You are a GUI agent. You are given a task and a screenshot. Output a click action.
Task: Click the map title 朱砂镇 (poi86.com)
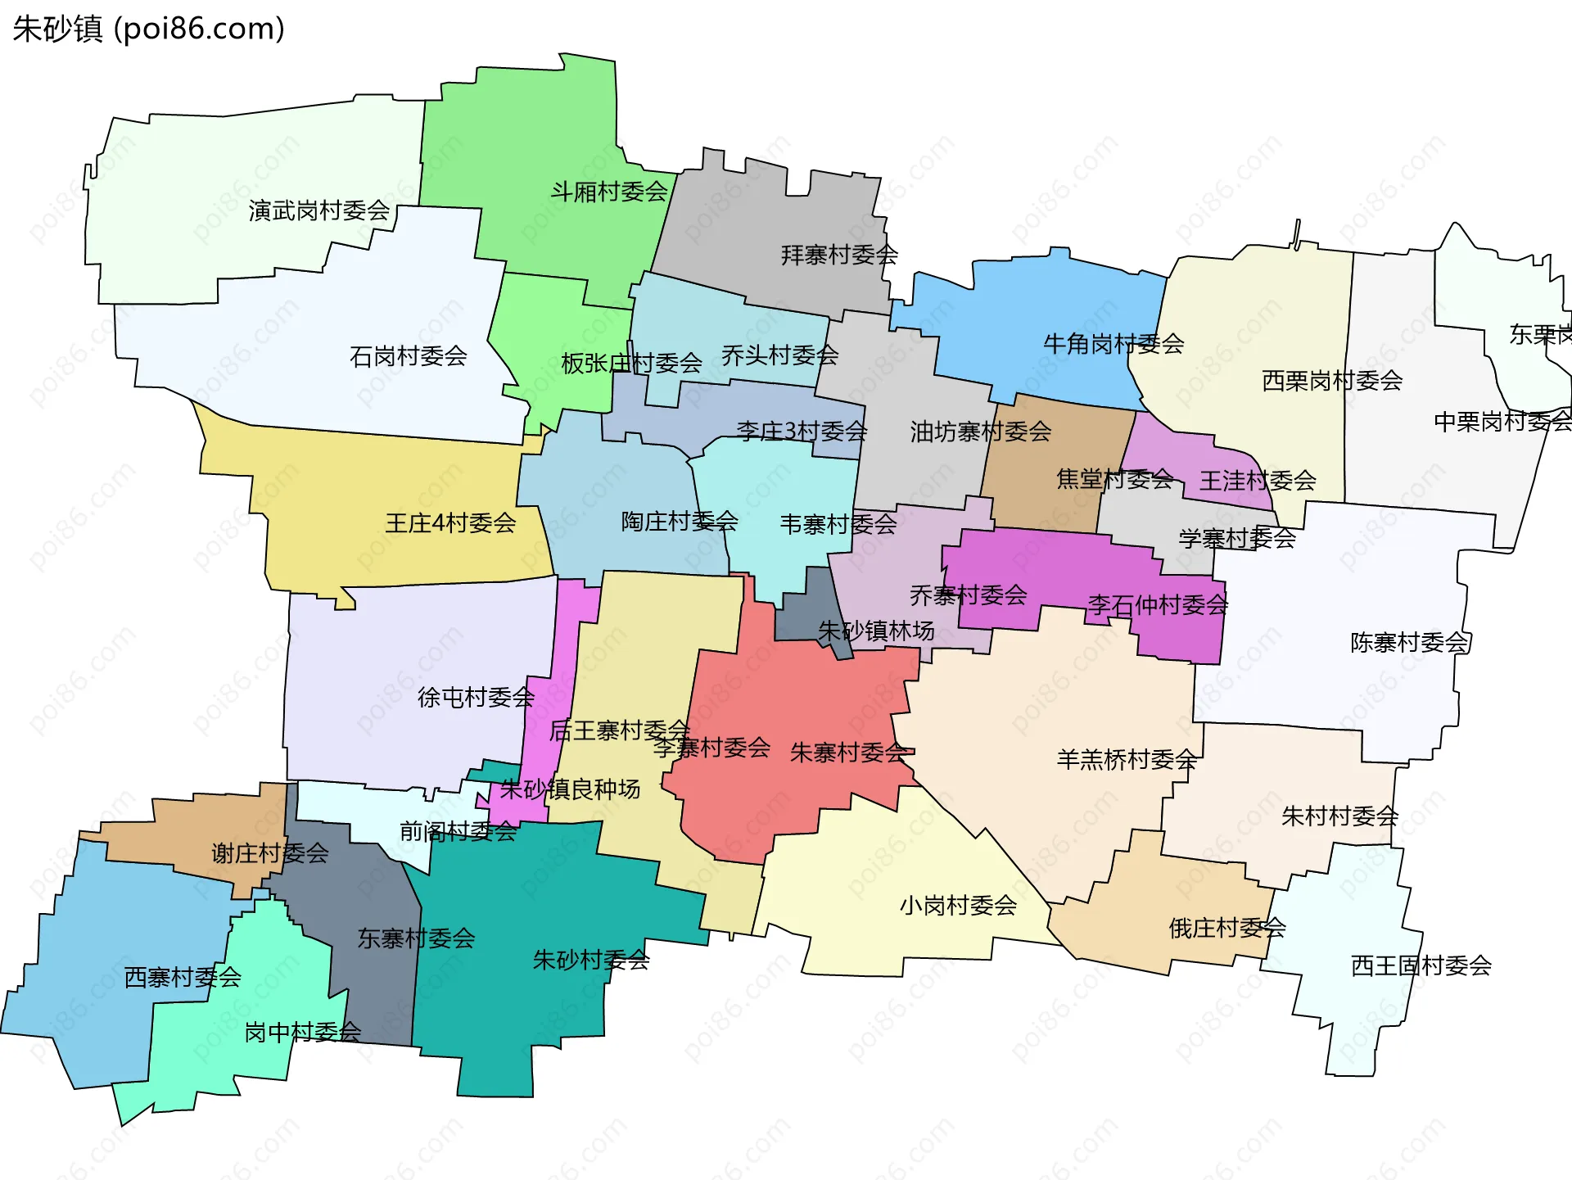tap(148, 29)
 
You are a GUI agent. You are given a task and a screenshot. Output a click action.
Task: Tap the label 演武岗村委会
tap(319, 210)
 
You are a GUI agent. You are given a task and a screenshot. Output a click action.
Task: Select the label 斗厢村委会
tap(609, 192)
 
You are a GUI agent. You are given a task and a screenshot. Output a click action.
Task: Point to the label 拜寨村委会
tap(839, 255)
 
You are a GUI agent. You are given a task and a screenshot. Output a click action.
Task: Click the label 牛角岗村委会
tap(1113, 343)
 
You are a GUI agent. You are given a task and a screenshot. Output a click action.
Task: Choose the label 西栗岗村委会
tap(1332, 380)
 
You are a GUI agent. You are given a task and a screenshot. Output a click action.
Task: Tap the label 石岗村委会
tap(408, 356)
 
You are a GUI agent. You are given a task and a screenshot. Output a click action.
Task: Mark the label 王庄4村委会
tap(450, 522)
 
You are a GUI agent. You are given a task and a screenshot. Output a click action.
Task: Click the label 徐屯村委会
tap(476, 697)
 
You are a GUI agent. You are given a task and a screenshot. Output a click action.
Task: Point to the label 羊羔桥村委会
tap(1127, 759)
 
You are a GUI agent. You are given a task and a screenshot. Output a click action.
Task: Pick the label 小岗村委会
tap(958, 905)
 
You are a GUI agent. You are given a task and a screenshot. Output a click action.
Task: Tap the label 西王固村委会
tap(1421, 965)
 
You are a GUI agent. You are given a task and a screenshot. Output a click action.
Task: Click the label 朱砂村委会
tap(591, 960)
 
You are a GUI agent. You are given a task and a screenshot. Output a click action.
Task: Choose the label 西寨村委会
tap(183, 977)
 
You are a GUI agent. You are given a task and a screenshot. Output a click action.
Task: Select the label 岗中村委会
tap(303, 1032)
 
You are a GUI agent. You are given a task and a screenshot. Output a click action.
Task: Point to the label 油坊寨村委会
tap(980, 432)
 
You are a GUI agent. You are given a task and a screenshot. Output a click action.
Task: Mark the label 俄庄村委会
tap(1226, 928)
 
